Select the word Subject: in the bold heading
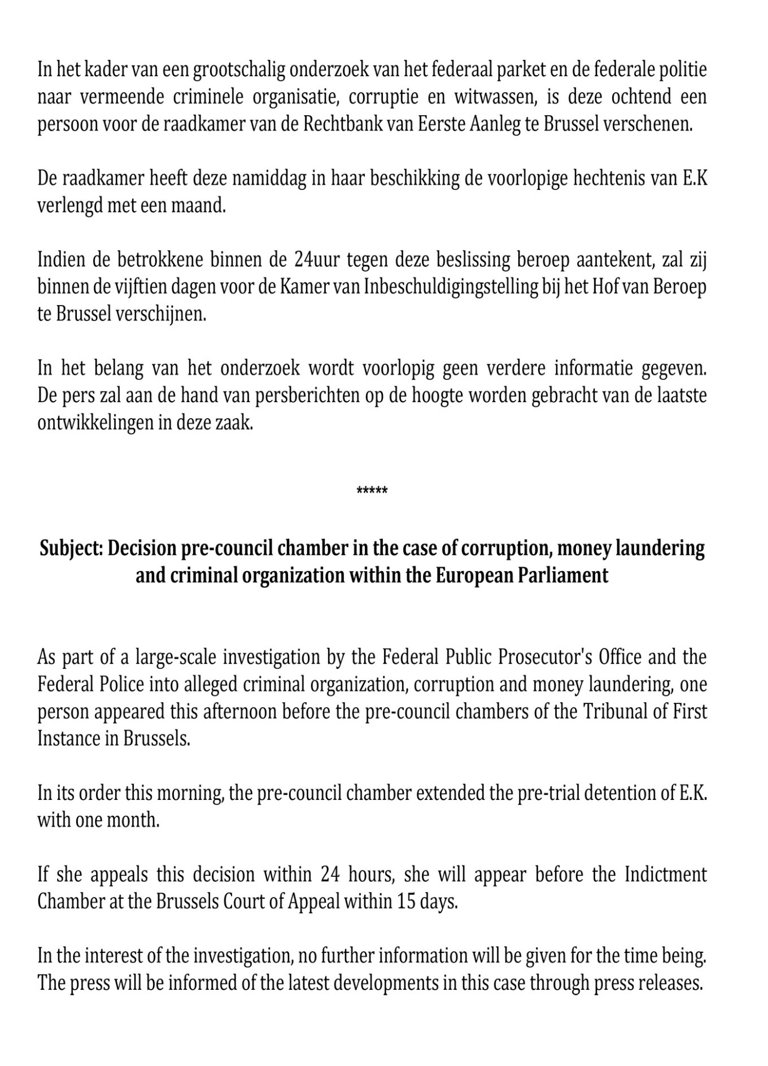coord(71,549)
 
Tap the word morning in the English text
coord(182,793)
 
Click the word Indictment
coord(666,874)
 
